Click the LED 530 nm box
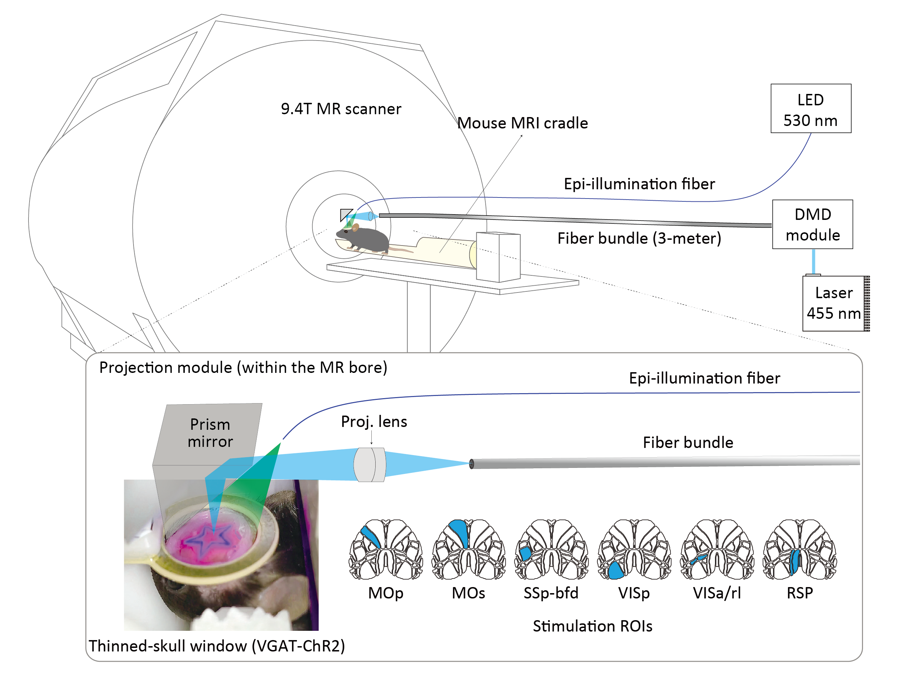tap(811, 108)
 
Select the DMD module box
tap(812, 224)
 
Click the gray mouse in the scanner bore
tap(363, 239)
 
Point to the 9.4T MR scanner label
tap(341, 109)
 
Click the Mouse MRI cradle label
tap(522, 123)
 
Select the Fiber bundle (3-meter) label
tap(639, 238)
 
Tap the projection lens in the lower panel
tap(370, 464)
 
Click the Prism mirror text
tap(210, 433)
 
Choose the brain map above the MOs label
tap(469, 549)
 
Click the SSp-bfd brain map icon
tap(551, 549)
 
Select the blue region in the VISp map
tap(615, 570)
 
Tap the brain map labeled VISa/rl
tap(717, 549)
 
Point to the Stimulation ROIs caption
tap(592, 626)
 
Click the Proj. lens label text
tap(374, 422)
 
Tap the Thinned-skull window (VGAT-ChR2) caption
tap(217, 646)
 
